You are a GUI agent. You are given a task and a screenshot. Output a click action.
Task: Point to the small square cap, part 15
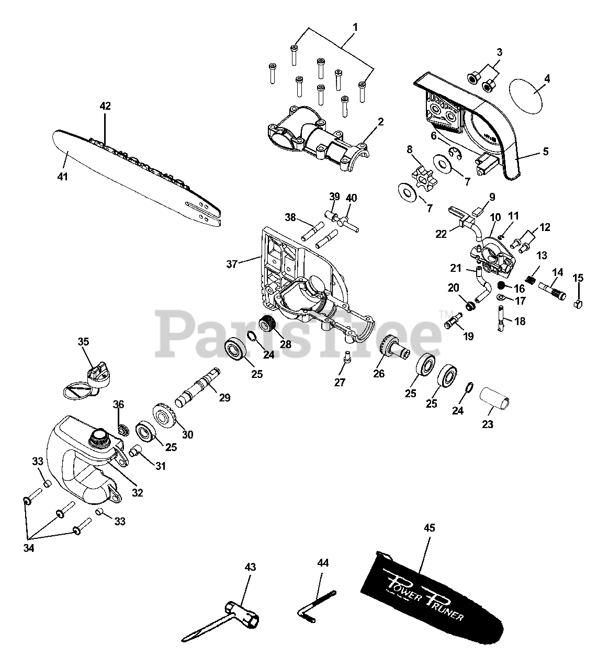click(x=578, y=304)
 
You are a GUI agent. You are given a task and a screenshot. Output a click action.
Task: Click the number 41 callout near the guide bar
click(x=63, y=177)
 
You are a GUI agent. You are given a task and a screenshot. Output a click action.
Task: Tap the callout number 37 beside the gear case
click(x=231, y=265)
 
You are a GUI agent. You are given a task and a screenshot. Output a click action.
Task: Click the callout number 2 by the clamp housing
click(x=380, y=122)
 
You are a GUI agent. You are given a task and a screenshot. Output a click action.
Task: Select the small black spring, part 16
click(x=500, y=286)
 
